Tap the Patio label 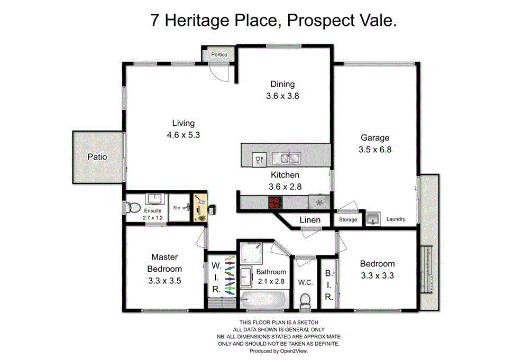[97, 157]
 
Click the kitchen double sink [286, 158]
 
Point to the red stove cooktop [275, 201]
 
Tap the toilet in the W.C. [305, 301]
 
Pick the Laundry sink [373, 218]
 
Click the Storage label [348, 219]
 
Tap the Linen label [310, 220]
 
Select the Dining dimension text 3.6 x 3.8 [283, 96]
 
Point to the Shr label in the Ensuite [177, 208]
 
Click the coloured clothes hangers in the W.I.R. [229, 275]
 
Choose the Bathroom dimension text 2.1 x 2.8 [271, 281]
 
